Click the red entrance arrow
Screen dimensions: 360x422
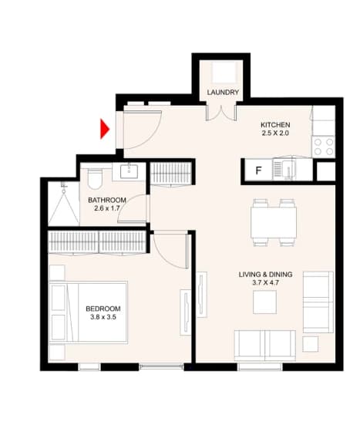pyautogui.click(x=105, y=129)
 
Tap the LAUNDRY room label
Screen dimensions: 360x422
pyautogui.click(x=223, y=93)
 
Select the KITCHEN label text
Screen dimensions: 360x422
pyautogui.click(x=275, y=125)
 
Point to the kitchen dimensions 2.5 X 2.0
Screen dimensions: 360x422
pyautogui.click(x=275, y=133)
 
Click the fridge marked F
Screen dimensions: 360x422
pyautogui.click(x=258, y=170)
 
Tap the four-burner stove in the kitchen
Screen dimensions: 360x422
pyautogui.click(x=324, y=147)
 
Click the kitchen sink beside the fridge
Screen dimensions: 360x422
pyautogui.click(x=284, y=169)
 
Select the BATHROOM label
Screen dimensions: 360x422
pyautogui.click(x=107, y=201)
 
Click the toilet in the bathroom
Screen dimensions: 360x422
pyautogui.click(x=95, y=179)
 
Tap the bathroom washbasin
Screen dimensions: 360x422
pyautogui.click(x=129, y=172)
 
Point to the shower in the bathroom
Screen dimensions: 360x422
pyautogui.click(x=64, y=204)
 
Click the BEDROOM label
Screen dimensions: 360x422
pyautogui.click(x=103, y=309)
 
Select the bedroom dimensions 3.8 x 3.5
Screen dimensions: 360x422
pyautogui.click(x=103, y=317)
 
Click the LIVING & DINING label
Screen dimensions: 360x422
pyautogui.click(x=265, y=275)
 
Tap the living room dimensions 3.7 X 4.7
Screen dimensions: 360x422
pyautogui.click(x=265, y=282)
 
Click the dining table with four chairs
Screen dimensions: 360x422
pyautogui.click(x=274, y=223)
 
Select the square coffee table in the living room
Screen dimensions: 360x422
pyautogui.click(x=265, y=302)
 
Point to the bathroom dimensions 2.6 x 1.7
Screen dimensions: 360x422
pyautogui.click(x=107, y=208)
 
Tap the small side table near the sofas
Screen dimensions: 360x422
pyautogui.click(x=310, y=344)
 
